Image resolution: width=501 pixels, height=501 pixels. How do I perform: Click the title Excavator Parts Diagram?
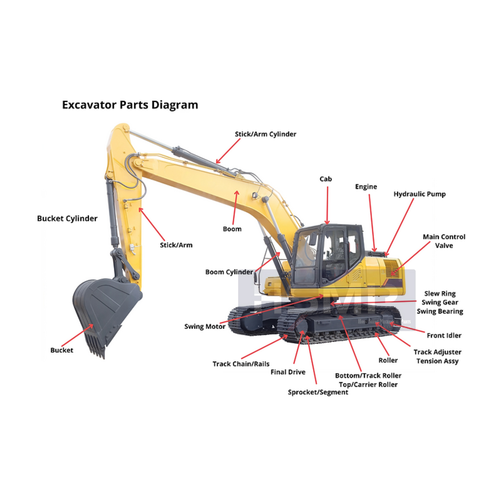(130, 105)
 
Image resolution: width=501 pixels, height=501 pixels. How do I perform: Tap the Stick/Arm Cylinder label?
(266, 134)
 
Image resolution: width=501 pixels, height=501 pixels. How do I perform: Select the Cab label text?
(326, 179)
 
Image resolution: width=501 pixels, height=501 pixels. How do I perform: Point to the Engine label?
(366, 187)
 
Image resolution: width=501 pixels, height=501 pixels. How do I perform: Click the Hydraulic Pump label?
(420, 194)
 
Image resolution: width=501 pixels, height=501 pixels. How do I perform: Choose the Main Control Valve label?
(444, 241)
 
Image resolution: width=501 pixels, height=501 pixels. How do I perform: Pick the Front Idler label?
(444, 335)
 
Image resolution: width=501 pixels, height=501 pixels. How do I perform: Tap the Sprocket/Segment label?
(318, 392)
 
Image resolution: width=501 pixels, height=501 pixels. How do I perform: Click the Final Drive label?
(288, 372)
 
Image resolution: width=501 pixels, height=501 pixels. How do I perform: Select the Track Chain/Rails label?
(241, 364)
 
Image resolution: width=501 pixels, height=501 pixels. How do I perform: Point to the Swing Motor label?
(205, 326)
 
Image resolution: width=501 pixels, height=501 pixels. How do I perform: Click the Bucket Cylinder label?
(67, 218)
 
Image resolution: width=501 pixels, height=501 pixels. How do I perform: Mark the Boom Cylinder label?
(229, 272)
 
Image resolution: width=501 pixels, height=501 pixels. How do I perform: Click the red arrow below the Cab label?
(327, 205)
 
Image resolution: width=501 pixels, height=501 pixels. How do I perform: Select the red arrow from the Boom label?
(235, 207)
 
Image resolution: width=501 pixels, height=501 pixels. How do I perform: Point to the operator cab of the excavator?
(327, 256)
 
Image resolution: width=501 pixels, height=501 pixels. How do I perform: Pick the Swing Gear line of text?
(440, 302)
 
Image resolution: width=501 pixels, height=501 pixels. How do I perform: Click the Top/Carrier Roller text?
(368, 384)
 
